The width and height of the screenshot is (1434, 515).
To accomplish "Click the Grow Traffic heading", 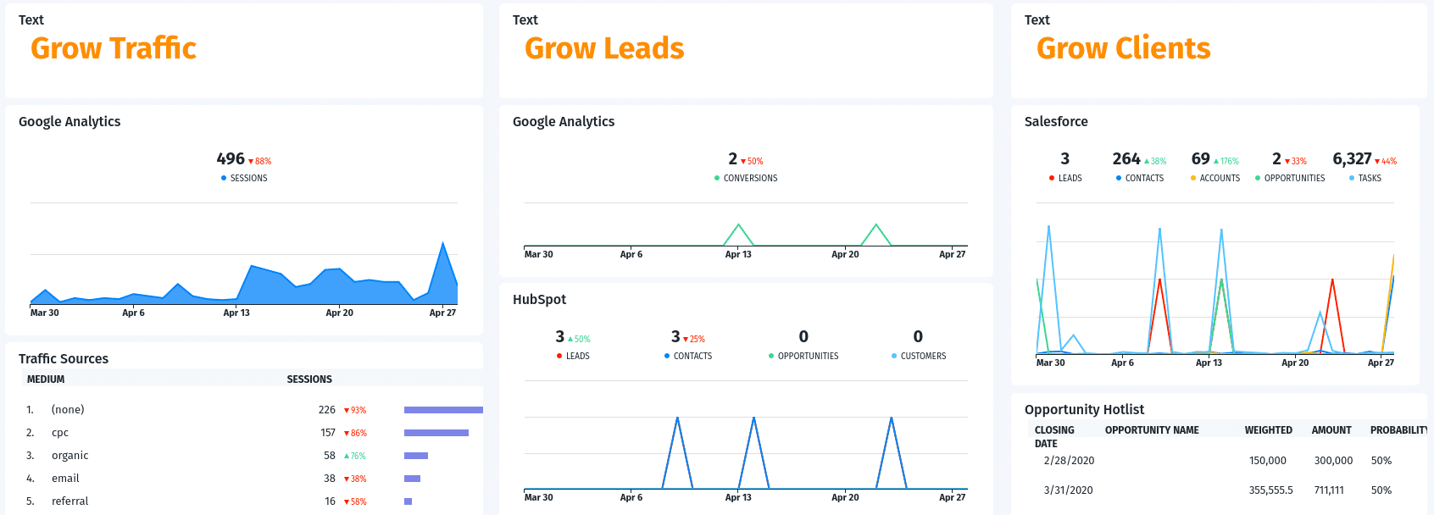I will click(114, 48).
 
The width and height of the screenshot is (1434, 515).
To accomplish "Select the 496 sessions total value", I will click(231, 159).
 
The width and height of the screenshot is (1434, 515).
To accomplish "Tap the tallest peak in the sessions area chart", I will click(443, 245).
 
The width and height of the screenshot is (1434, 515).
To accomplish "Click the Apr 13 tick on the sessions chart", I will click(236, 313).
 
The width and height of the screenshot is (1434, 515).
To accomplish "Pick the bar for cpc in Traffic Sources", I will click(436, 433).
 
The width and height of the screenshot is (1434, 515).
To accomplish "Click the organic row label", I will click(69, 456).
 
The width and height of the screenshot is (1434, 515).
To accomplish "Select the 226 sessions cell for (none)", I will click(326, 410).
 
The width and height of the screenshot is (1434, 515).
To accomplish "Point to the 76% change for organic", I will click(355, 456).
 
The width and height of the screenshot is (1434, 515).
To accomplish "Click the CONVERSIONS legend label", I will click(750, 179).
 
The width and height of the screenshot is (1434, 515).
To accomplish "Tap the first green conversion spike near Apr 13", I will click(739, 225).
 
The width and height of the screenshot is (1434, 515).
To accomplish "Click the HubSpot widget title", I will click(539, 299).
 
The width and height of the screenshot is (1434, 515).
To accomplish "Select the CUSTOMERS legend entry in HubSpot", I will click(923, 357).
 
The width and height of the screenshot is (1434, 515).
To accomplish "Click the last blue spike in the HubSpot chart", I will click(891, 418).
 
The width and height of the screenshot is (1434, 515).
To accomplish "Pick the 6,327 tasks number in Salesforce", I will click(1352, 159).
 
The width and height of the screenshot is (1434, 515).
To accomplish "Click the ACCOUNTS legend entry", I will click(1220, 179).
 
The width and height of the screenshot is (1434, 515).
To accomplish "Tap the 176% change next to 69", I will click(1226, 161).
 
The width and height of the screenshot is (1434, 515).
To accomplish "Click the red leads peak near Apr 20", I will click(1332, 280).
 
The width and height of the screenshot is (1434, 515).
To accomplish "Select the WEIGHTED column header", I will click(1268, 430).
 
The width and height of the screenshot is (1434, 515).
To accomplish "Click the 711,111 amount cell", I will click(1329, 490).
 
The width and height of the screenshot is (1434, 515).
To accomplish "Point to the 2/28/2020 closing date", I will click(1069, 461).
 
